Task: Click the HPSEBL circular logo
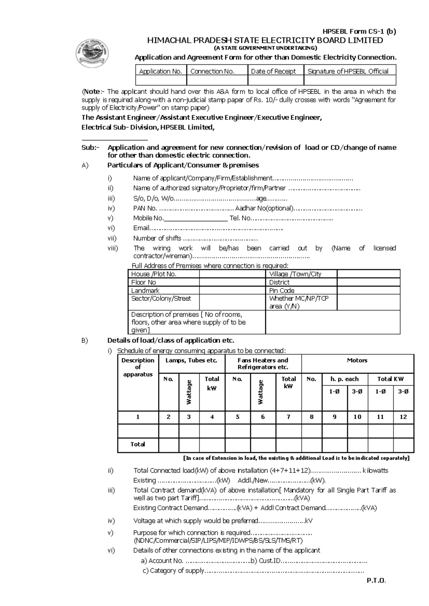[92, 54]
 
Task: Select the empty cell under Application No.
[161, 80]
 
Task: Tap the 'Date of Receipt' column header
[273, 71]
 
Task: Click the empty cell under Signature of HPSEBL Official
[350, 80]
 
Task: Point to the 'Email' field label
[141, 228]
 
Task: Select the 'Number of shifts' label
[157, 238]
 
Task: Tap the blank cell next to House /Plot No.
[232, 274]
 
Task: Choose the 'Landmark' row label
[145, 290]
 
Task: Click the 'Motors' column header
[357, 360]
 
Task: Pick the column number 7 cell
[289, 417]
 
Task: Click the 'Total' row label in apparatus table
[138, 444]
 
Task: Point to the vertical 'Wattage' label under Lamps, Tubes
[189, 392]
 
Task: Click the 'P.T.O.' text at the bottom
[376, 581]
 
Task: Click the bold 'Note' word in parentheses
[91, 91]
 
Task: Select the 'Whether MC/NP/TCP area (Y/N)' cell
[299, 302]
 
